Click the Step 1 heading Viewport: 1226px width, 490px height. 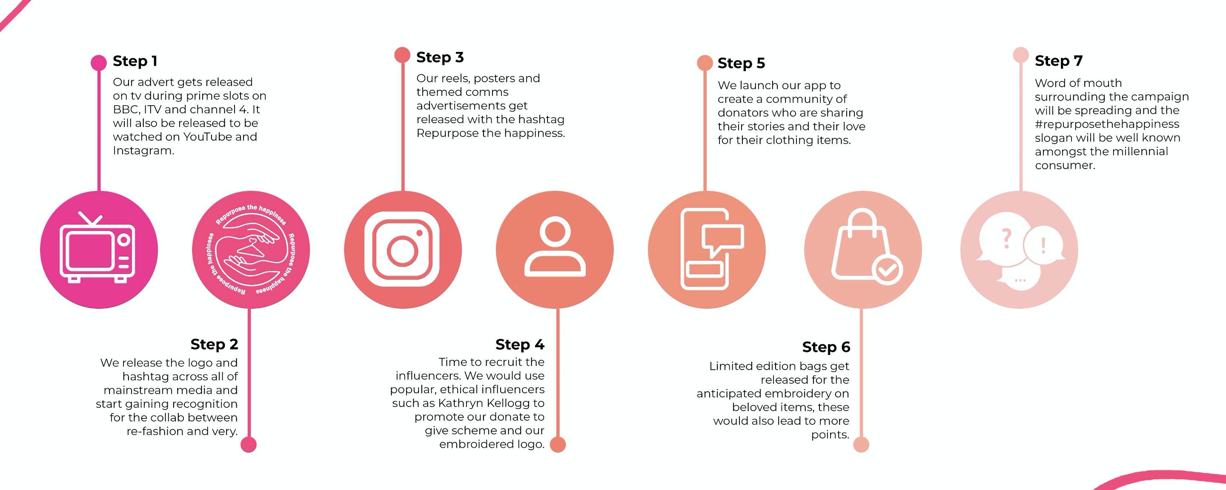coord(135,61)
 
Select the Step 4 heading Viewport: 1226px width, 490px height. coord(519,344)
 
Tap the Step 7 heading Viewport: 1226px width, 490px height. coord(1058,61)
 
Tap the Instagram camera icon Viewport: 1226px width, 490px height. coord(402,249)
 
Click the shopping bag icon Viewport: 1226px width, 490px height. coord(860,245)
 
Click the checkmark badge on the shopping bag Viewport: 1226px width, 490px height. coord(887,270)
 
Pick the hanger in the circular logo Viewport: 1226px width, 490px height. coord(251,248)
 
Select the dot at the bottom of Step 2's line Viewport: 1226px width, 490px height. coord(249,444)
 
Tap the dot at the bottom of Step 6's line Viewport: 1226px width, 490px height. coord(861,444)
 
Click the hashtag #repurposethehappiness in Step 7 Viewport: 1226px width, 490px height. coord(1106,124)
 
